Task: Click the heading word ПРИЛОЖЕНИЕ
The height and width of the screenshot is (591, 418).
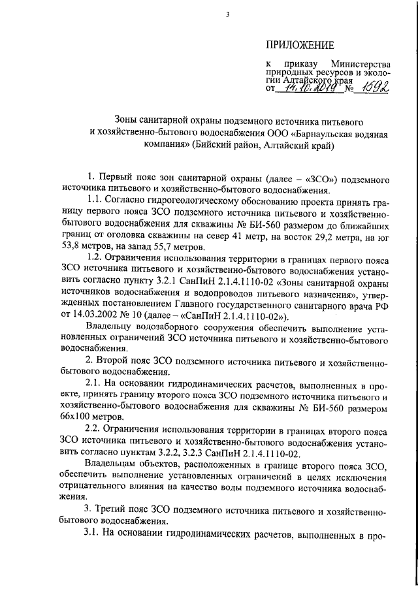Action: pyautogui.click(x=300, y=45)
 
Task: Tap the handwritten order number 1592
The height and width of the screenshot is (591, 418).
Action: pyautogui.click(x=374, y=88)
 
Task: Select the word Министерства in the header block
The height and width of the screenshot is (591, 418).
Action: pyautogui.click(x=361, y=65)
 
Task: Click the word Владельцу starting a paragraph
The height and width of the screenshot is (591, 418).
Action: pyautogui.click(x=110, y=327)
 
